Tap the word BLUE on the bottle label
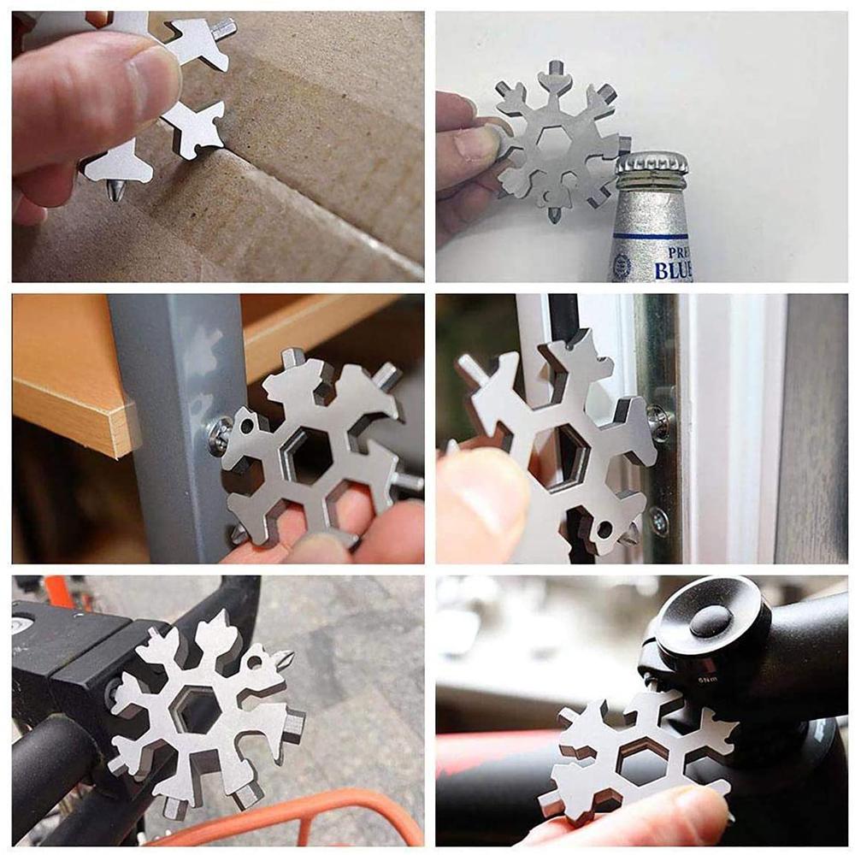point(671,270)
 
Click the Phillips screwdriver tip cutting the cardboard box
point(114,189)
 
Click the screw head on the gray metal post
point(219,435)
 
